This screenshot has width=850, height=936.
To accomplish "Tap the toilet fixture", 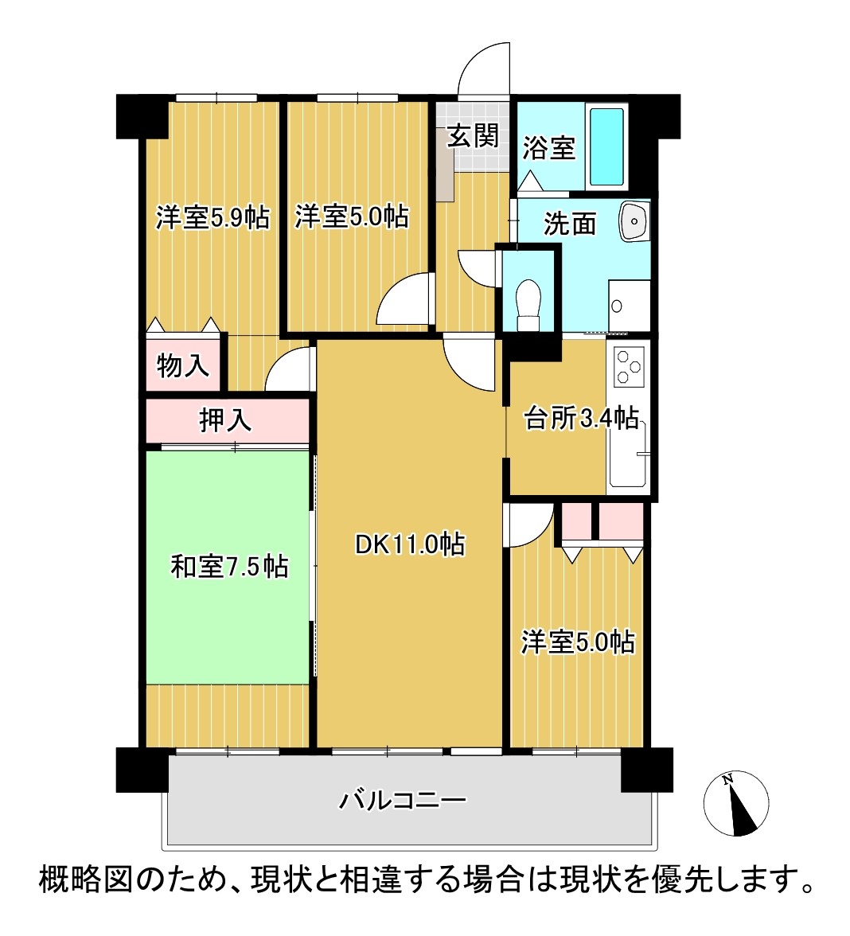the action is tap(528, 304).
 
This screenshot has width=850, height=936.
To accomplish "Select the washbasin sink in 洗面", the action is tap(634, 221).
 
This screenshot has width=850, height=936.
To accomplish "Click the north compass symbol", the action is tap(736, 803).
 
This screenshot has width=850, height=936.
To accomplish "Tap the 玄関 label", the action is tap(474, 135).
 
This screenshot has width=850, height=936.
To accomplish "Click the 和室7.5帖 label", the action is tap(229, 566).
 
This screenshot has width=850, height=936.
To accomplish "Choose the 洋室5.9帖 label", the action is tap(212, 217).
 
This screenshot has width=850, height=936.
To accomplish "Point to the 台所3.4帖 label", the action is tap(581, 418).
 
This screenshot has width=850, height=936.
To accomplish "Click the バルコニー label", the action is tap(403, 799).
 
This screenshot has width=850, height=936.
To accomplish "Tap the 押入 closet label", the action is tap(226, 420).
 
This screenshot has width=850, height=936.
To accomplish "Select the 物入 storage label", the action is tap(183, 365).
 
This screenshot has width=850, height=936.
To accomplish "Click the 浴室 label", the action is tap(548, 147).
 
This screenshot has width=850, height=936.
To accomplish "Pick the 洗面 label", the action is tap(570, 223).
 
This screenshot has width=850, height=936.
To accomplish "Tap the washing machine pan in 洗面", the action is tap(629, 305).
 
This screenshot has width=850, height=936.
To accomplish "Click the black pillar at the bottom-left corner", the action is tap(142, 770).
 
